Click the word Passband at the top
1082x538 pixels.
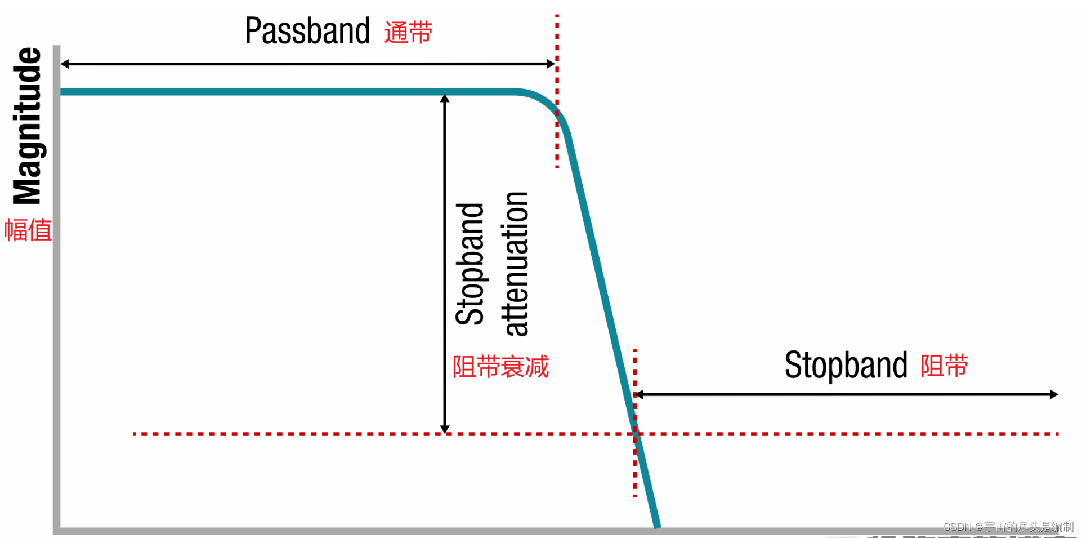coord(307,31)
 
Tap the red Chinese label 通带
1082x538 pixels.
coord(408,32)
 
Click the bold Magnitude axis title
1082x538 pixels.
coord(27,126)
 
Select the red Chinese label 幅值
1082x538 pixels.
coord(28,230)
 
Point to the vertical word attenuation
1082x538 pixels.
coord(516,264)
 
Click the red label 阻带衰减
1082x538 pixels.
coord(500,367)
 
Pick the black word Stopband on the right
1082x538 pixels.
coord(846,365)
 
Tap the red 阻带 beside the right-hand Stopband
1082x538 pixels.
coord(944,366)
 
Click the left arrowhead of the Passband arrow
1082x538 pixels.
coord(64,64)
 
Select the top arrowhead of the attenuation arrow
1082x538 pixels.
coord(445,98)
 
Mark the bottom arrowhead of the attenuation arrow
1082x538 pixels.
coord(445,430)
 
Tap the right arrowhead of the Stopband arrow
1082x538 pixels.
coord(1054,394)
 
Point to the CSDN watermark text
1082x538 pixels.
coord(1008,527)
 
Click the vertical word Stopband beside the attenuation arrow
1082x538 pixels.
coord(470,264)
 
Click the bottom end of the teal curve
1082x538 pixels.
coord(657,526)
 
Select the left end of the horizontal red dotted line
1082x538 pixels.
coord(135,434)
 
